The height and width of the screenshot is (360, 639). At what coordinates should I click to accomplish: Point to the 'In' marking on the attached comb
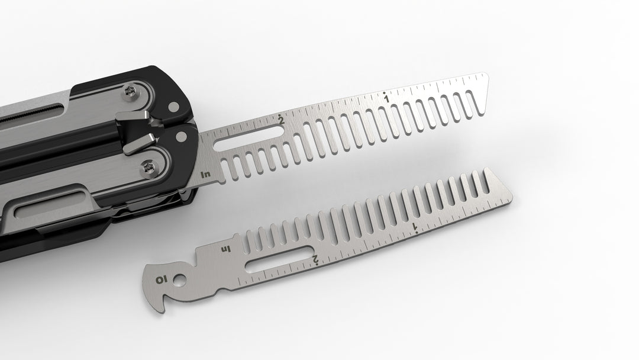tap(205, 174)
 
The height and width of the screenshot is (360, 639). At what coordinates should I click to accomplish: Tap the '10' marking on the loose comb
tap(161, 279)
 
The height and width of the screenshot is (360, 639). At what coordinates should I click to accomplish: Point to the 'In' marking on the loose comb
tap(225, 249)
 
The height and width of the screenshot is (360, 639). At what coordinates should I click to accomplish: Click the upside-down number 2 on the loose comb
tap(317, 259)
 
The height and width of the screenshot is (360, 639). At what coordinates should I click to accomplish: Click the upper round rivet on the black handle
tap(173, 107)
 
